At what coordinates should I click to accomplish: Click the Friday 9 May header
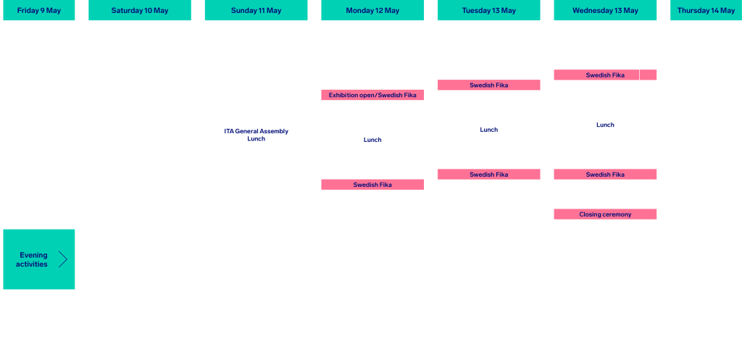pos(39,10)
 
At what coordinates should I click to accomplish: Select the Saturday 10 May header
pos(140,10)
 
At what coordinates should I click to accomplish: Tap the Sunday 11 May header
pos(256,10)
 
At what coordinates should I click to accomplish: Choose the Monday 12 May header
pos(372,10)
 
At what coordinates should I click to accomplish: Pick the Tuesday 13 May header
pos(489,10)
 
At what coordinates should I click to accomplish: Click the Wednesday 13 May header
pos(605,10)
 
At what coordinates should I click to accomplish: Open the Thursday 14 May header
pos(706,10)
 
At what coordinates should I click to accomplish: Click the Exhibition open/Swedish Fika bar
pos(372,95)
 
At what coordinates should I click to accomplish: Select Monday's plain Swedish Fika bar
pos(372,185)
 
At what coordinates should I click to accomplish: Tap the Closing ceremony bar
pos(605,214)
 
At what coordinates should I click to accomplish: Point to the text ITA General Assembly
pos(256,131)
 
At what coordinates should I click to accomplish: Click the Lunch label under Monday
pos(372,140)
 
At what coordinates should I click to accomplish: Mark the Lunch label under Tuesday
pos(489,130)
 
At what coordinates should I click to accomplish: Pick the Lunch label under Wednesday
pos(605,125)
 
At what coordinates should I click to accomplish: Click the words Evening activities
pos(33,260)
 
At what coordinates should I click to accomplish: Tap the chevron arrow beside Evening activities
pos(63,259)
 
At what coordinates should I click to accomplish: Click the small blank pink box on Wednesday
pos(649,75)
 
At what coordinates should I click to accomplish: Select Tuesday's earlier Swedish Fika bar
pos(489,85)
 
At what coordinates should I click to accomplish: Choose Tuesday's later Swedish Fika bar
pos(489,175)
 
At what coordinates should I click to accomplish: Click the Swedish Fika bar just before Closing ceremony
pos(605,175)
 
